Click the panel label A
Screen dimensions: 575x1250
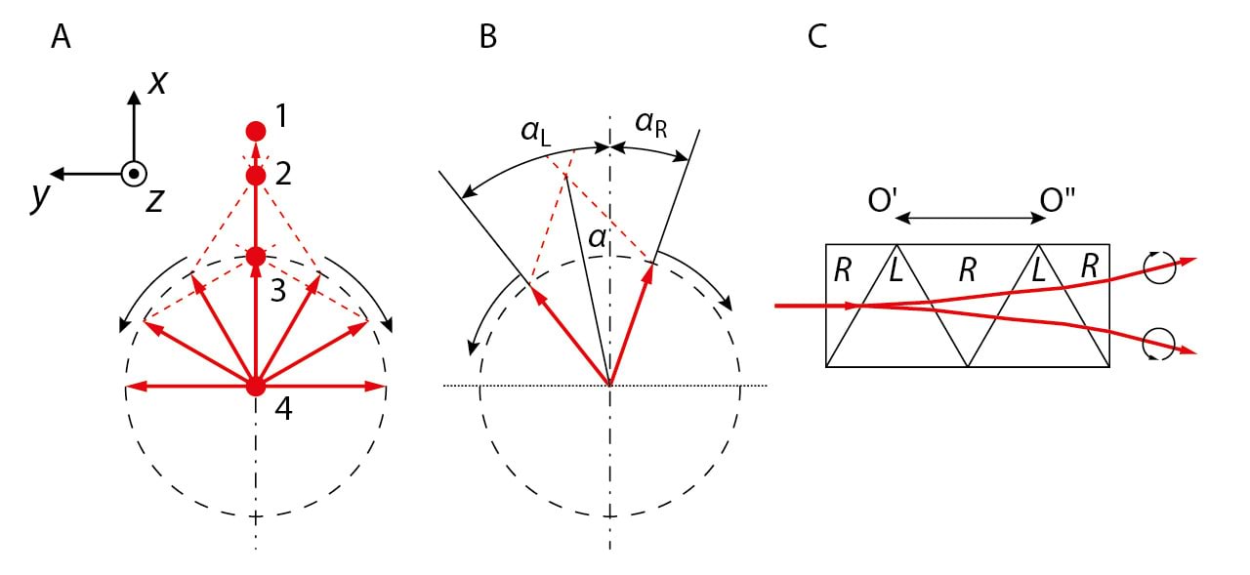click(x=61, y=37)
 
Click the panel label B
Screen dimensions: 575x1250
click(x=488, y=37)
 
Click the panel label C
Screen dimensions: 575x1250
click(x=817, y=37)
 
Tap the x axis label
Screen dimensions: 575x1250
click(x=157, y=83)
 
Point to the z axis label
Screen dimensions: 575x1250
click(x=156, y=200)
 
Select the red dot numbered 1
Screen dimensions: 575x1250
click(x=256, y=131)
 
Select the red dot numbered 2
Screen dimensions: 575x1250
click(x=256, y=176)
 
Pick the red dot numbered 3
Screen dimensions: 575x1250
click(x=256, y=257)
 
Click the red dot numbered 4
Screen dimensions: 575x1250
click(x=256, y=387)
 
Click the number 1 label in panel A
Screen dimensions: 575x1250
click(x=281, y=117)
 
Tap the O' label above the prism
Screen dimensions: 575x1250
click(x=883, y=201)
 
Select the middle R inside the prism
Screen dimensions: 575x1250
click(x=967, y=271)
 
